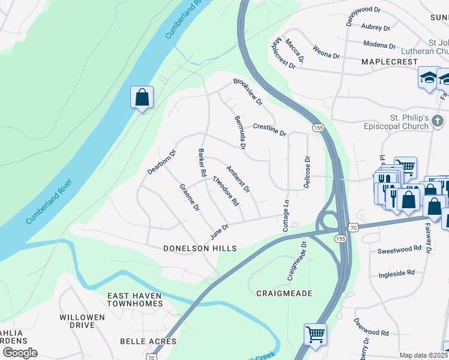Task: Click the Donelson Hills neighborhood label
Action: (x=200, y=248)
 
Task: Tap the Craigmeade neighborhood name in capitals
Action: (x=284, y=293)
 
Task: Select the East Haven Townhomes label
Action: (x=135, y=299)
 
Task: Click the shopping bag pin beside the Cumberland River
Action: (x=142, y=97)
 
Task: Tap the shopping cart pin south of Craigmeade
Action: (x=315, y=334)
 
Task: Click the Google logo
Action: (x=20, y=353)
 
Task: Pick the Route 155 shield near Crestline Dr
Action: (x=318, y=127)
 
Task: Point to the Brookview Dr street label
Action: (x=248, y=92)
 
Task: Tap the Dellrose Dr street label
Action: (x=307, y=172)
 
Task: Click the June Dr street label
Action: (x=219, y=231)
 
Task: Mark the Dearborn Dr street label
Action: (x=161, y=162)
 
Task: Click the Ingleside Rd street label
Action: (x=396, y=272)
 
